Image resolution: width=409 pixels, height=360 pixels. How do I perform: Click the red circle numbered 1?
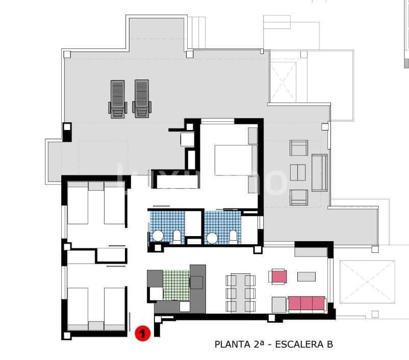[x=142, y=333]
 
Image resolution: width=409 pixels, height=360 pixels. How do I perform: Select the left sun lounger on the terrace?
[x=118, y=99]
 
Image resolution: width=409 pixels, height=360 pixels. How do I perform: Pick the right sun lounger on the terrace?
[x=141, y=99]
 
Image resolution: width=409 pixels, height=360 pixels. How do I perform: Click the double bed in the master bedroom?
[x=233, y=167]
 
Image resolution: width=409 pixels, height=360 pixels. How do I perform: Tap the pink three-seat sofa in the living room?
[x=306, y=304]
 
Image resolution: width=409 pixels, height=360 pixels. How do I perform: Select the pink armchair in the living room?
[x=279, y=276]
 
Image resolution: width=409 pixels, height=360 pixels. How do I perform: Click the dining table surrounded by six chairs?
[x=240, y=293]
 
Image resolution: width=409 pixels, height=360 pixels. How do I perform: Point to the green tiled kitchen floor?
[x=176, y=285]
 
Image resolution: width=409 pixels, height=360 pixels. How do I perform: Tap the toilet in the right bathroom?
[x=233, y=236]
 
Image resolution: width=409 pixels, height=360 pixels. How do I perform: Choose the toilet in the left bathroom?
[x=177, y=236]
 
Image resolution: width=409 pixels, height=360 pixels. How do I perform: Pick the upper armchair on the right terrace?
[x=298, y=148]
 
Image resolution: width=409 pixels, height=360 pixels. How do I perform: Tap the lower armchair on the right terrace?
[x=299, y=196]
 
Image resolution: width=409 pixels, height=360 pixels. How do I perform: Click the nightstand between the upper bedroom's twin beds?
[x=96, y=186]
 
